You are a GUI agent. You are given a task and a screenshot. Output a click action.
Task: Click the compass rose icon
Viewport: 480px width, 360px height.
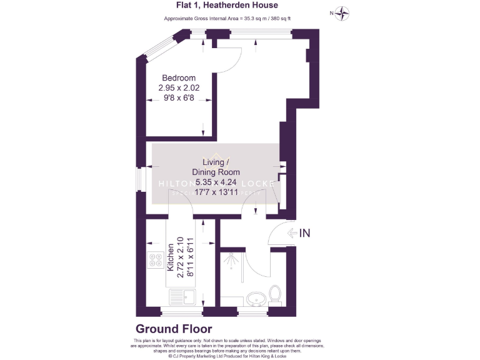[342, 12]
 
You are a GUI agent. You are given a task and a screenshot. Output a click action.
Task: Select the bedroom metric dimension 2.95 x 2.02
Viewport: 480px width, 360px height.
[179, 88]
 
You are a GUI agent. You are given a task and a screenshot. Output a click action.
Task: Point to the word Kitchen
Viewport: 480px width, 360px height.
[169, 258]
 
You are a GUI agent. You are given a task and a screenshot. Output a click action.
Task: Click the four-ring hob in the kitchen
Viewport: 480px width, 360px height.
[156, 259]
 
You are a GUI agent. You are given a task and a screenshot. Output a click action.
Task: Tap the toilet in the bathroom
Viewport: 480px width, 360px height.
[274, 292]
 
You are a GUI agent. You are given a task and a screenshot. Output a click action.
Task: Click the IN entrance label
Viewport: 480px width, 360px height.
[304, 233]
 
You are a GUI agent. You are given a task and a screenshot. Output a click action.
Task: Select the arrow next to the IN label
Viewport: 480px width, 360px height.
[292, 233]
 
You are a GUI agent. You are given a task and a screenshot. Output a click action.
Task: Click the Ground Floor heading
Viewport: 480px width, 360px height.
[174, 329]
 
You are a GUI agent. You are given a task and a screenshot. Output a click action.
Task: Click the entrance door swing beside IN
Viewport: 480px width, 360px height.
[274, 235]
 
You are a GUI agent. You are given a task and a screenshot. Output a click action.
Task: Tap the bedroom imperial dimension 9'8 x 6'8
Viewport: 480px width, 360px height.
[179, 98]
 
